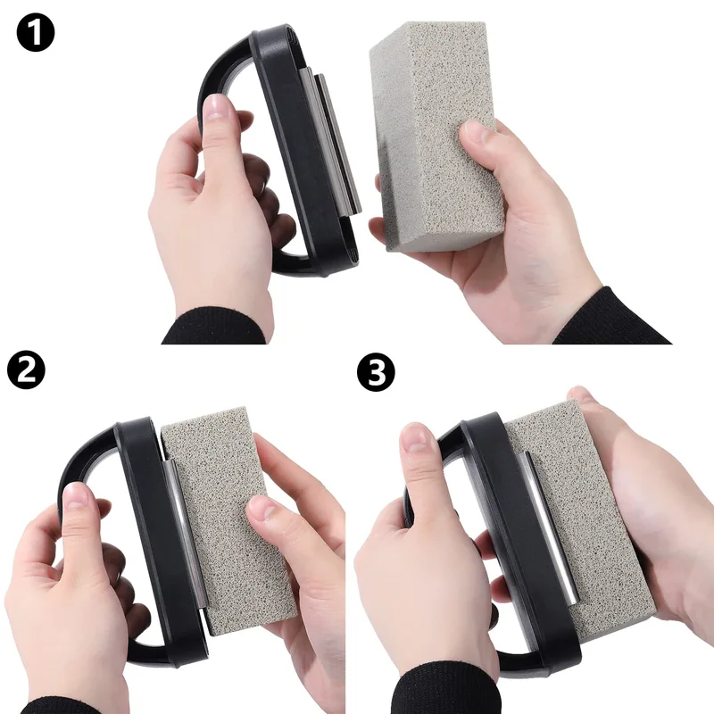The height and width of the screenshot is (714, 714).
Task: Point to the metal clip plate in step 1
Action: (x=337, y=143)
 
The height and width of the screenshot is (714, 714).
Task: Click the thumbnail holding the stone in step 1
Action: (x=476, y=136)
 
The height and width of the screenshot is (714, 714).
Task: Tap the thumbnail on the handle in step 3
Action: (x=418, y=438)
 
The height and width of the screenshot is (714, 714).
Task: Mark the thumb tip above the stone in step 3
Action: (x=580, y=394)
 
